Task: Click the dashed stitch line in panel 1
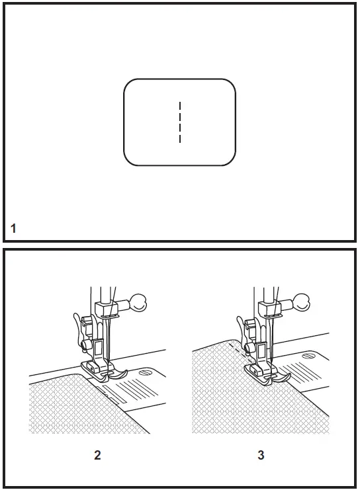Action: coord(180,122)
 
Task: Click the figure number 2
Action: coord(97,455)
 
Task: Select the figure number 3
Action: coord(260,455)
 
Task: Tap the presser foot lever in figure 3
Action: coord(243,329)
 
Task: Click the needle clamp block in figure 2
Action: coord(103,307)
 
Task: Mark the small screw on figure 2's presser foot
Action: coord(85,360)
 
